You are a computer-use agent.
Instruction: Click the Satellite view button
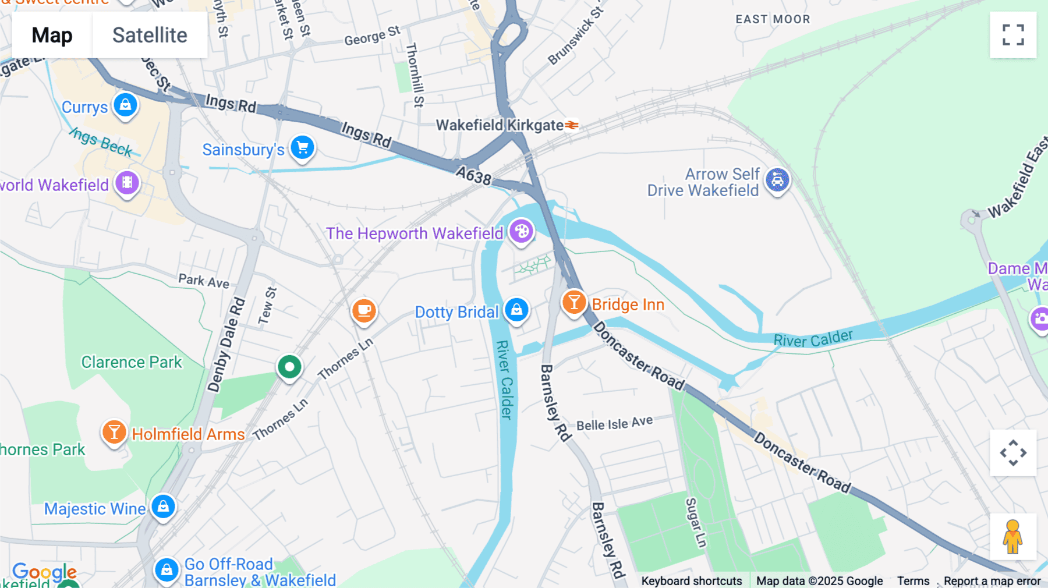[x=150, y=35]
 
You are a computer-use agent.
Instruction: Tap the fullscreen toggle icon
[x=1013, y=35]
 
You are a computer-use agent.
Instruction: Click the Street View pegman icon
[x=1013, y=537]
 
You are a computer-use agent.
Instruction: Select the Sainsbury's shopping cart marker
[x=303, y=147]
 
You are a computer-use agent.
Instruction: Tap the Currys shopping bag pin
[x=125, y=105]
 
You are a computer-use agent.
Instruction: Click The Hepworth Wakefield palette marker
[x=521, y=232]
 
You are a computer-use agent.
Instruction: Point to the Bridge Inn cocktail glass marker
[x=574, y=302]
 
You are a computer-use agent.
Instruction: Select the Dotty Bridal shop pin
[x=516, y=310]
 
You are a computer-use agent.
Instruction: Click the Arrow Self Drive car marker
[x=777, y=180]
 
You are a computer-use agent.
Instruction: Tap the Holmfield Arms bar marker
[x=114, y=433]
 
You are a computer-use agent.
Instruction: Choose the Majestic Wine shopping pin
[x=163, y=506]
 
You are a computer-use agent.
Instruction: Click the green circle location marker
[x=289, y=367]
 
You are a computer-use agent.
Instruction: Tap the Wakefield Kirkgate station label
[x=500, y=125]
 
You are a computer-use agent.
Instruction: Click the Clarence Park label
[x=132, y=362]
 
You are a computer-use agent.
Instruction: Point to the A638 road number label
[x=473, y=175]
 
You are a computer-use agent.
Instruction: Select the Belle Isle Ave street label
[x=614, y=423]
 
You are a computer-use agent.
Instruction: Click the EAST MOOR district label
[x=773, y=19]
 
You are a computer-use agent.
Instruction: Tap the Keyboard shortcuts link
[x=692, y=580]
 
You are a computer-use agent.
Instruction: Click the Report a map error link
[x=992, y=580]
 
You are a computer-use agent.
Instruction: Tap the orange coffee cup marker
[x=364, y=310]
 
